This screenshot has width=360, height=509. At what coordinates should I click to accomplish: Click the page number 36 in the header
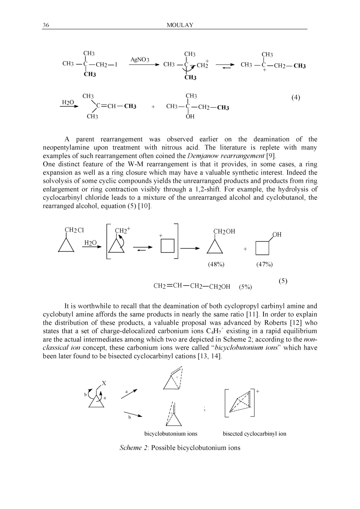pyautogui.click(x=46, y=25)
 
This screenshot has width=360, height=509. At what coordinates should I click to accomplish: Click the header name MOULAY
pyautogui.click(x=180, y=25)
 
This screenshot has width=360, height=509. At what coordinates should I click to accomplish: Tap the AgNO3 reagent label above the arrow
pyautogui.click(x=140, y=59)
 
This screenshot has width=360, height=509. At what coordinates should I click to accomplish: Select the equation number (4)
pyautogui.click(x=296, y=98)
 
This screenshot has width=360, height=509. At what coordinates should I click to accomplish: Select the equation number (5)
pyautogui.click(x=283, y=281)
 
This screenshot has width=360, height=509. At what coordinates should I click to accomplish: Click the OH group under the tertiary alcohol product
pyautogui.click(x=190, y=117)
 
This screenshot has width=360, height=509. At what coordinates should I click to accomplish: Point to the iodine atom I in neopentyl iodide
pyautogui.click(x=116, y=65)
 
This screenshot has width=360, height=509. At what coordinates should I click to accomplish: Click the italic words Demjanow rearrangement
pyautogui.click(x=226, y=156)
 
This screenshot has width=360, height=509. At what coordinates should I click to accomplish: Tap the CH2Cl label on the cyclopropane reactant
pyautogui.click(x=74, y=230)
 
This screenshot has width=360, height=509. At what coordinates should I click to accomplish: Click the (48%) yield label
pyautogui.click(x=216, y=264)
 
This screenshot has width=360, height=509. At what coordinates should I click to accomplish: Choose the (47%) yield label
pyautogui.click(x=264, y=264)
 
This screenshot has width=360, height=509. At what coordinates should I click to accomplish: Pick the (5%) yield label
pyautogui.click(x=245, y=287)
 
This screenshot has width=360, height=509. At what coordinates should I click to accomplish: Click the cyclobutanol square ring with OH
pyautogui.click(x=262, y=248)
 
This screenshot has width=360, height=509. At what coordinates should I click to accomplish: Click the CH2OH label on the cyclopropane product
pyautogui.click(x=224, y=231)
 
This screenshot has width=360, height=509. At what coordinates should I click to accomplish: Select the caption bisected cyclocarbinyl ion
pyautogui.click(x=254, y=434)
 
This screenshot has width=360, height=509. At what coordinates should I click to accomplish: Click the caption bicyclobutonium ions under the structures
pyautogui.click(x=171, y=434)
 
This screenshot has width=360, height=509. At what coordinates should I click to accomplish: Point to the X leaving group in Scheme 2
pyautogui.click(x=104, y=383)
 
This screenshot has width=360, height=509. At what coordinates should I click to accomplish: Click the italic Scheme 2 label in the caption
pyautogui.click(x=133, y=448)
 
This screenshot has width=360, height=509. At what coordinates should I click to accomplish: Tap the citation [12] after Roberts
pyautogui.click(x=291, y=323)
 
